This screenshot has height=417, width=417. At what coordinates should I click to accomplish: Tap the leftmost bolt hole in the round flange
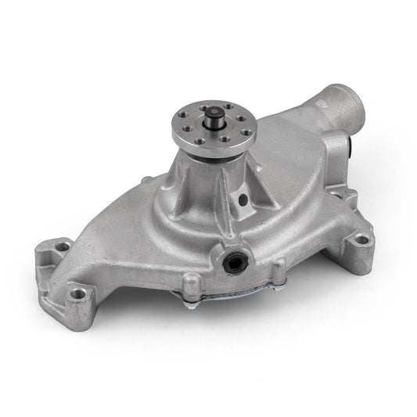click(185, 124)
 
